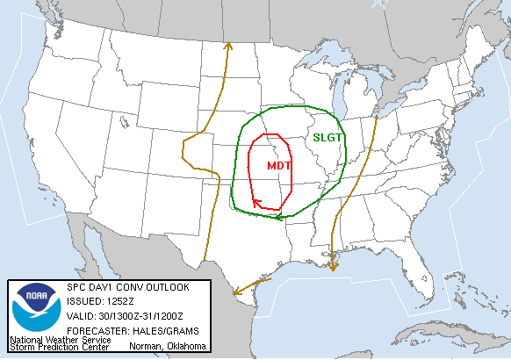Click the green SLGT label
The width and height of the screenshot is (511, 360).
[328, 138]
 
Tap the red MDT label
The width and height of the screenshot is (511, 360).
[279, 165]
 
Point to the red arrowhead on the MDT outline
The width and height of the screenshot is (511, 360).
[256, 204]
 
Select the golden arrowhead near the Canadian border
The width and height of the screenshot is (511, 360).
[228, 45]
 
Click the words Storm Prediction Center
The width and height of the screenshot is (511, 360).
[59, 347]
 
